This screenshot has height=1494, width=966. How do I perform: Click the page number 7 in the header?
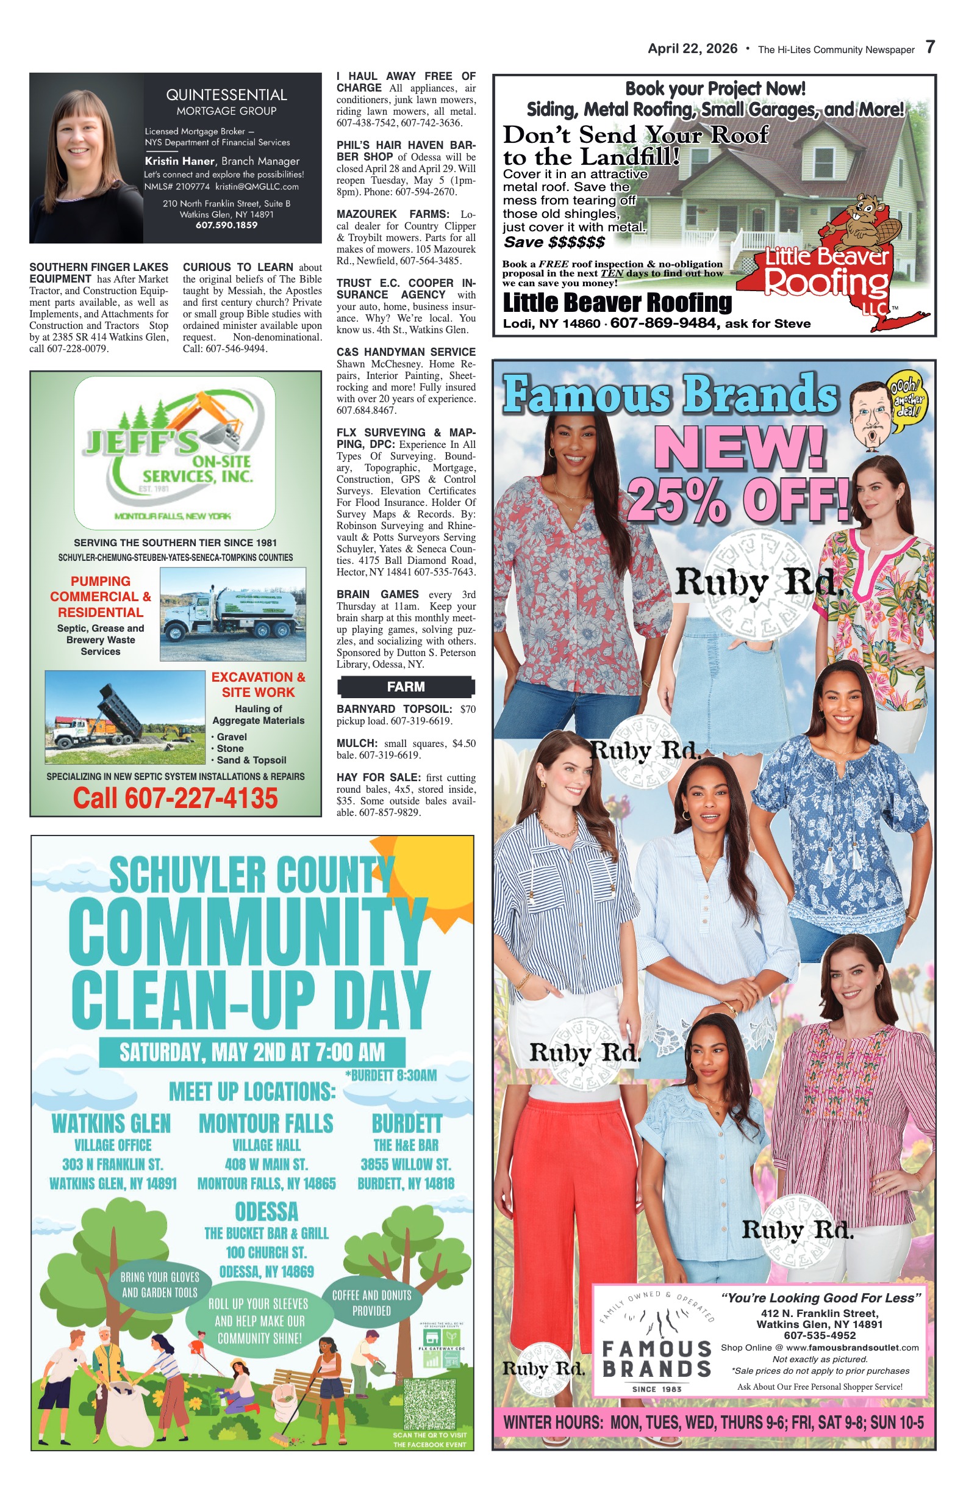[930, 47]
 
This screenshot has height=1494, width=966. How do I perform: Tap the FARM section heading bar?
[406, 687]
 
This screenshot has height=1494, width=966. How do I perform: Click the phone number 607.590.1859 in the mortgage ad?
[226, 225]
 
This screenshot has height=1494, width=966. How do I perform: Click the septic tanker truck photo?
[233, 614]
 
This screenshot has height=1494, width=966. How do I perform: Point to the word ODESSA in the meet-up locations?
[267, 1211]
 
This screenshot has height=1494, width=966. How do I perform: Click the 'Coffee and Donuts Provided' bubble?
[371, 1303]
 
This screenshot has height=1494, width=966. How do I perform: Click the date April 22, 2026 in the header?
[693, 49]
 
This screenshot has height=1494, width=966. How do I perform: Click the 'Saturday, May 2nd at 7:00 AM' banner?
[252, 1053]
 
